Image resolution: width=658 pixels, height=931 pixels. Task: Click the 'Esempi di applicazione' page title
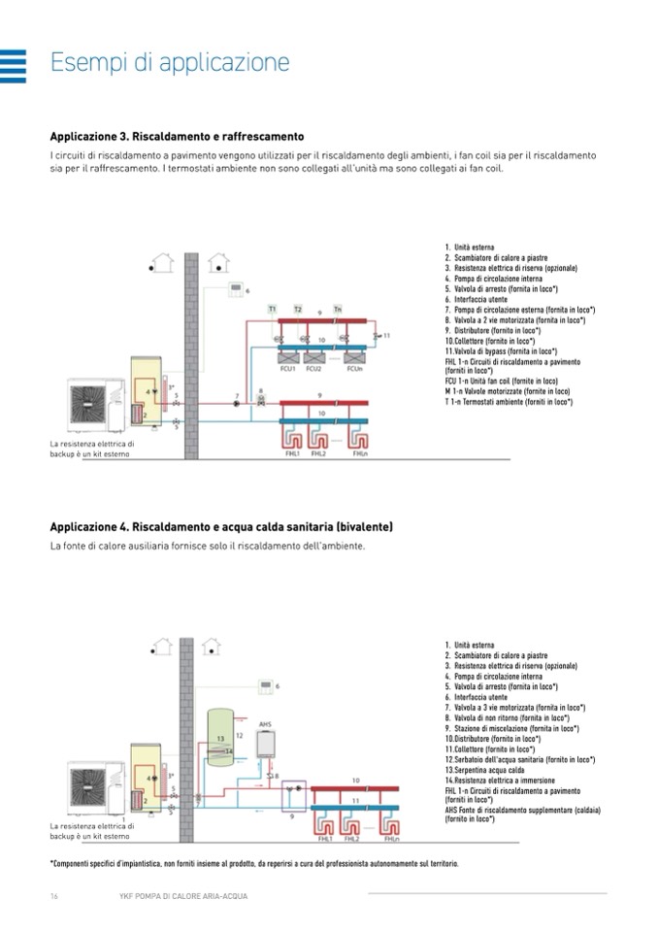(x=170, y=63)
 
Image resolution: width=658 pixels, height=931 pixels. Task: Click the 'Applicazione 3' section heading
(x=177, y=137)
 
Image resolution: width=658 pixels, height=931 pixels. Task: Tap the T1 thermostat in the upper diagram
(x=274, y=309)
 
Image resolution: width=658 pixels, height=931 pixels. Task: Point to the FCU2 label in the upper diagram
(x=313, y=368)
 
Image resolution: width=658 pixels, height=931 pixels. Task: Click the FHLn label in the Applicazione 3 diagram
(x=360, y=453)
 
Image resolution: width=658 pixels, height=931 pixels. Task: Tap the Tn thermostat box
(x=338, y=309)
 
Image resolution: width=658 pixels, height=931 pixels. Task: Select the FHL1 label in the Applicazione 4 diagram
(x=326, y=838)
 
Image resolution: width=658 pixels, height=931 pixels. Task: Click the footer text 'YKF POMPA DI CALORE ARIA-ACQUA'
(x=176, y=895)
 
